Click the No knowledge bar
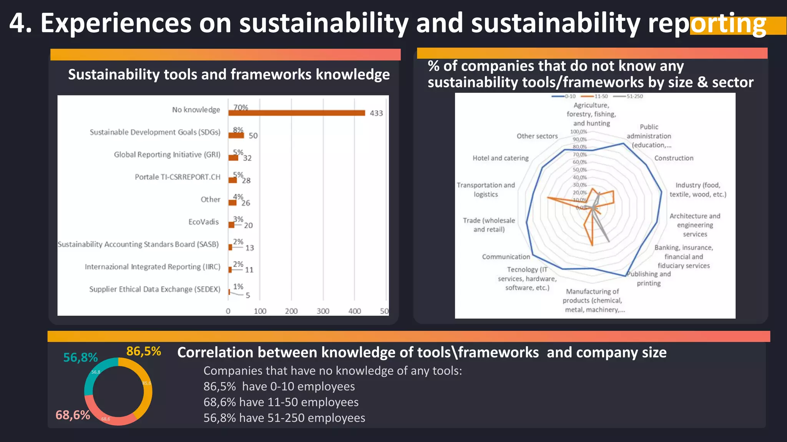click(296, 113)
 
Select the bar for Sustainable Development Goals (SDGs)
click(236, 135)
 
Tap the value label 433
click(376, 113)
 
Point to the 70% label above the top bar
click(241, 107)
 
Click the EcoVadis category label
click(203, 222)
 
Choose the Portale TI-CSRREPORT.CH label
click(178, 177)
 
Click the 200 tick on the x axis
click(291, 311)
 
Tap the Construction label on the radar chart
click(674, 158)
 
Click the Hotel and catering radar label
click(500, 158)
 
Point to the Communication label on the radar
click(506, 257)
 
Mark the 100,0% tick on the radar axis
click(578, 132)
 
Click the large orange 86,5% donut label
click(143, 351)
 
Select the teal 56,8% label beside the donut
click(80, 358)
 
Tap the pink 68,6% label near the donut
click(73, 415)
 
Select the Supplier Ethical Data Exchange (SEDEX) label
click(154, 289)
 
